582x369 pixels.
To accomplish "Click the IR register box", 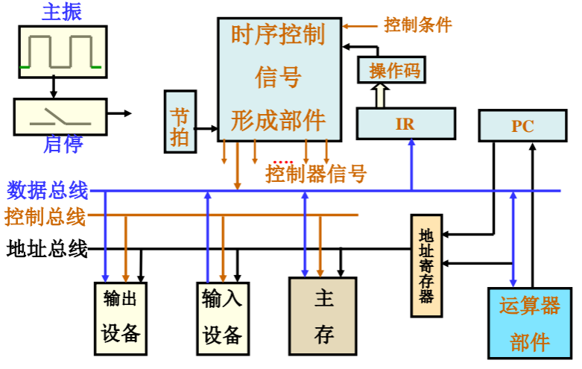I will click(405, 124).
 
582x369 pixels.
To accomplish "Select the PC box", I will click(522, 125).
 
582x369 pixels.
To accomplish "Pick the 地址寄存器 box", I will click(426, 265).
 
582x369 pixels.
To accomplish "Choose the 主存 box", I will click(323, 316).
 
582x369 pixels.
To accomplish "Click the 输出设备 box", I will click(121, 317).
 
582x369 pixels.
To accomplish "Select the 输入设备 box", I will click(221, 317).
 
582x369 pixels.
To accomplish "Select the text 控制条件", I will click(417, 25).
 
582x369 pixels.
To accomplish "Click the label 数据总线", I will click(47, 191).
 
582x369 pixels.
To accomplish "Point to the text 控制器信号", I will click(316, 174).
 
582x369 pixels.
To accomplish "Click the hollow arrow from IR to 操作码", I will click(380, 95).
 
